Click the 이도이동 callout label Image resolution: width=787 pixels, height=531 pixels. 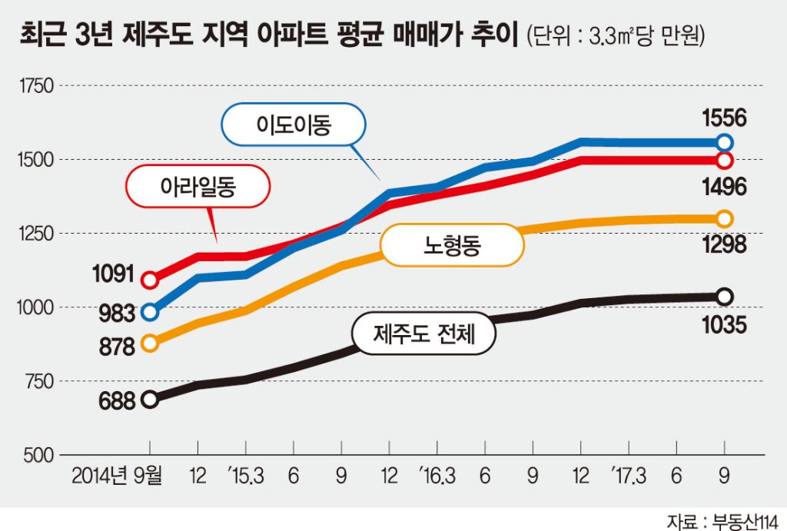(x=294, y=125)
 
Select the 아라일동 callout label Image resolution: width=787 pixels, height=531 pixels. (x=198, y=187)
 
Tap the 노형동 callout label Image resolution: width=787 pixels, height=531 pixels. (x=452, y=245)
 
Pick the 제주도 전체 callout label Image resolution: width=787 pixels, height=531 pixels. (x=424, y=334)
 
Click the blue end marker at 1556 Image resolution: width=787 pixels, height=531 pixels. (x=724, y=143)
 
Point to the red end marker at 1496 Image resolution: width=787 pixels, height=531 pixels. (x=724, y=161)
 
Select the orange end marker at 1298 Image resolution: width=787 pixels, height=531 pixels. (x=724, y=219)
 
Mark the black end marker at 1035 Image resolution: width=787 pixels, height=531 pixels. (x=724, y=297)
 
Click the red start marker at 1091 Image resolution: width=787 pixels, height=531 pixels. (x=150, y=280)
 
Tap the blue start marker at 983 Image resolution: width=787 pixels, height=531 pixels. (x=150, y=312)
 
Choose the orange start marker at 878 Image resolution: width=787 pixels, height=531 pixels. (x=150, y=343)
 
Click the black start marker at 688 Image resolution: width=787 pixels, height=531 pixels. (x=150, y=400)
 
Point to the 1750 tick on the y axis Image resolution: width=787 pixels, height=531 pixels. (x=36, y=86)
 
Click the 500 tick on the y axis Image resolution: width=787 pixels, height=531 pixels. (x=38, y=455)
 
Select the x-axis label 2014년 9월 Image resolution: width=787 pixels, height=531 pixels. (x=117, y=476)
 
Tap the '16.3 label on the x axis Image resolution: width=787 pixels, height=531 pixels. (x=437, y=476)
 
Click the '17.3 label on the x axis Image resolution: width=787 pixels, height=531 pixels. (x=629, y=476)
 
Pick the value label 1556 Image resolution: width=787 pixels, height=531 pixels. (x=724, y=118)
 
